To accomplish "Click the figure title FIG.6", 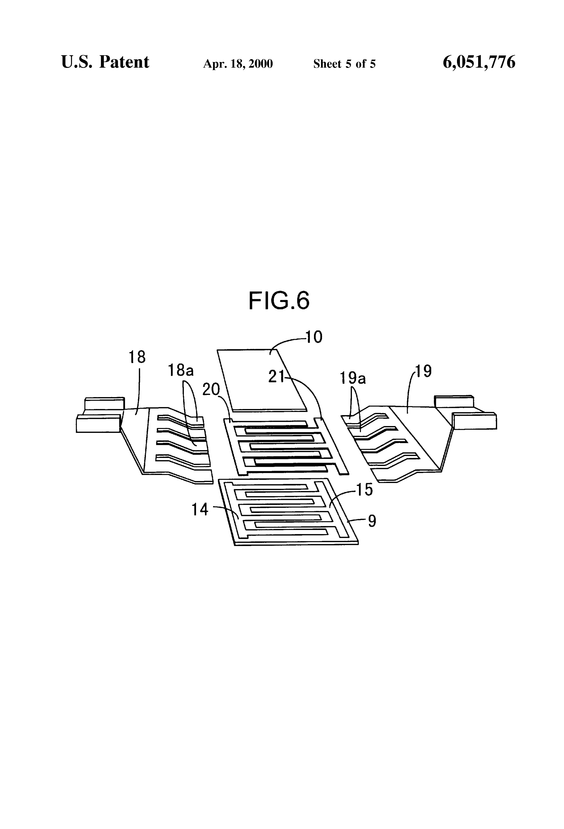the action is pyautogui.click(x=279, y=300).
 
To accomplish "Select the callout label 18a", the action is pyautogui.click(x=181, y=371).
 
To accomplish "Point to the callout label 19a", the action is pyautogui.click(x=352, y=378).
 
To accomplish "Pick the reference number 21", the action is pyautogui.click(x=276, y=377).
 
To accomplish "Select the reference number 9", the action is pyautogui.click(x=372, y=522).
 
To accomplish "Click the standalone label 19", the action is pyautogui.click(x=423, y=371).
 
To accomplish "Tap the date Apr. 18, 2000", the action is pyautogui.click(x=238, y=64).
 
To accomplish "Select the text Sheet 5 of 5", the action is pyautogui.click(x=344, y=64).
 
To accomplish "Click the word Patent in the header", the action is pyautogui.click(x=124, y=62).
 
